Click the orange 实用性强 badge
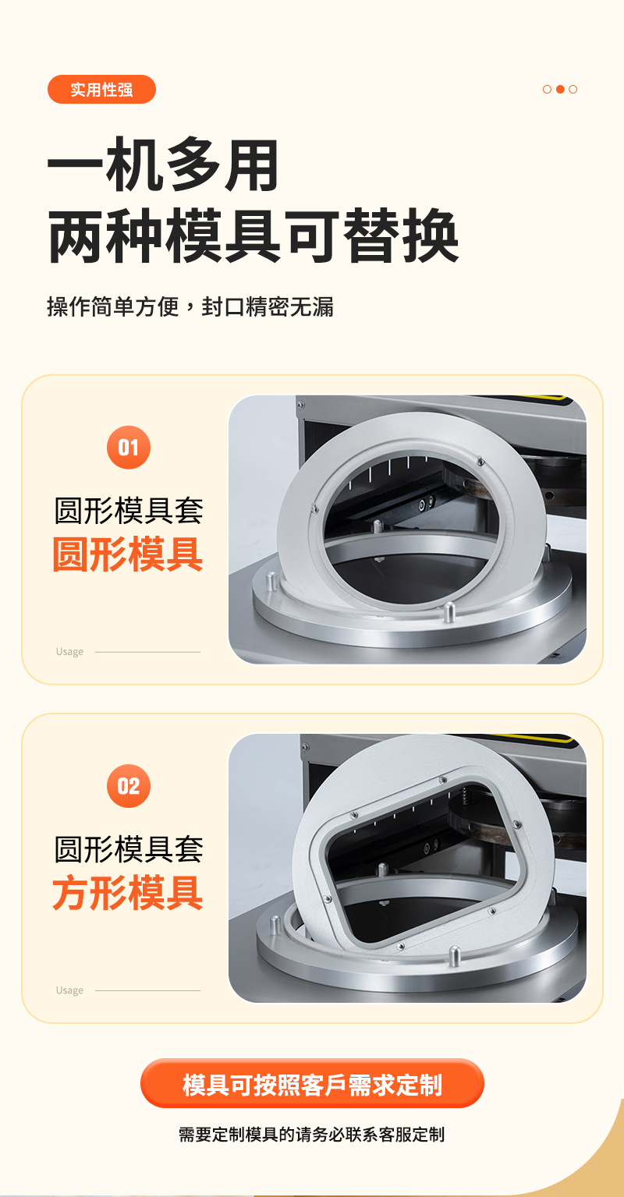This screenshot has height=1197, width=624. [101, 89]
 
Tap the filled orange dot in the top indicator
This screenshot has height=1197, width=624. [560, 89]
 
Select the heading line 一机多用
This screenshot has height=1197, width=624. [163, 165]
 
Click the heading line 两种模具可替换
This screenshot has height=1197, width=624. [253, 236]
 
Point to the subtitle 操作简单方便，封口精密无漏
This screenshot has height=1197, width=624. [190, 306]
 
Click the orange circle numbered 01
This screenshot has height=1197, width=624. [129, 448]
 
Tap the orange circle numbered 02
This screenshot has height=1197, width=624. [129, 785]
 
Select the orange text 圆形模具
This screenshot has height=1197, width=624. [128, 554]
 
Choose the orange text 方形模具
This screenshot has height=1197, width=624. [128, 892]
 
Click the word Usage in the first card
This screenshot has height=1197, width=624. [69, 652]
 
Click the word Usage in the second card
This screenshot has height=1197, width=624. [69, 990]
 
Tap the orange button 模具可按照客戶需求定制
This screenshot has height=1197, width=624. [312, 1083]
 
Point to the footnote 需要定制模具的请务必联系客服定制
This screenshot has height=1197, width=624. [312, 1134]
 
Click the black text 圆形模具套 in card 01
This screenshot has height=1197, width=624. [129, 510]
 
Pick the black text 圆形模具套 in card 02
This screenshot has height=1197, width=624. [129, 848]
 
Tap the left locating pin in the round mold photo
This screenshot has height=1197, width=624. [271, 581]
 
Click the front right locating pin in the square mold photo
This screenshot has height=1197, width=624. [455, 955]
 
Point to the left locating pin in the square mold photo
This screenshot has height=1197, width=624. [275, 925]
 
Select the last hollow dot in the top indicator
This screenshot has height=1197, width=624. [573, 89]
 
